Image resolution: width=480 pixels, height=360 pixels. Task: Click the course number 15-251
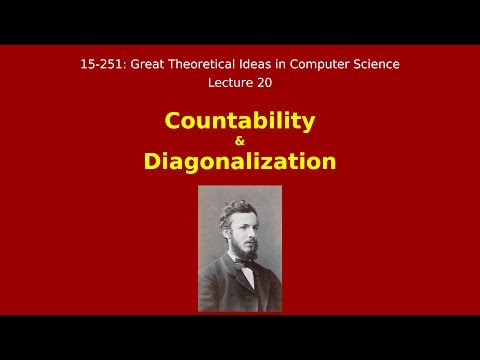pyautogui.click(x=100, y=64)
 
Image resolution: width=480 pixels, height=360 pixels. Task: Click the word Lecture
pyautogui.click(x=228, y=84)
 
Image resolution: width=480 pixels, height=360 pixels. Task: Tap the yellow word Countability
pyautogui.click(x=239, y=121)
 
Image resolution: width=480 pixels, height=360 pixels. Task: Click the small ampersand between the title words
pyautogui.click(x=239, y=141)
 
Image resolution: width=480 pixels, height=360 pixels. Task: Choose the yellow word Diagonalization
pyautogui.click(x=239, y=161)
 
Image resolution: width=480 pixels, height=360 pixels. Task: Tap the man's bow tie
pyautogui.click(x=242, y=264)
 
